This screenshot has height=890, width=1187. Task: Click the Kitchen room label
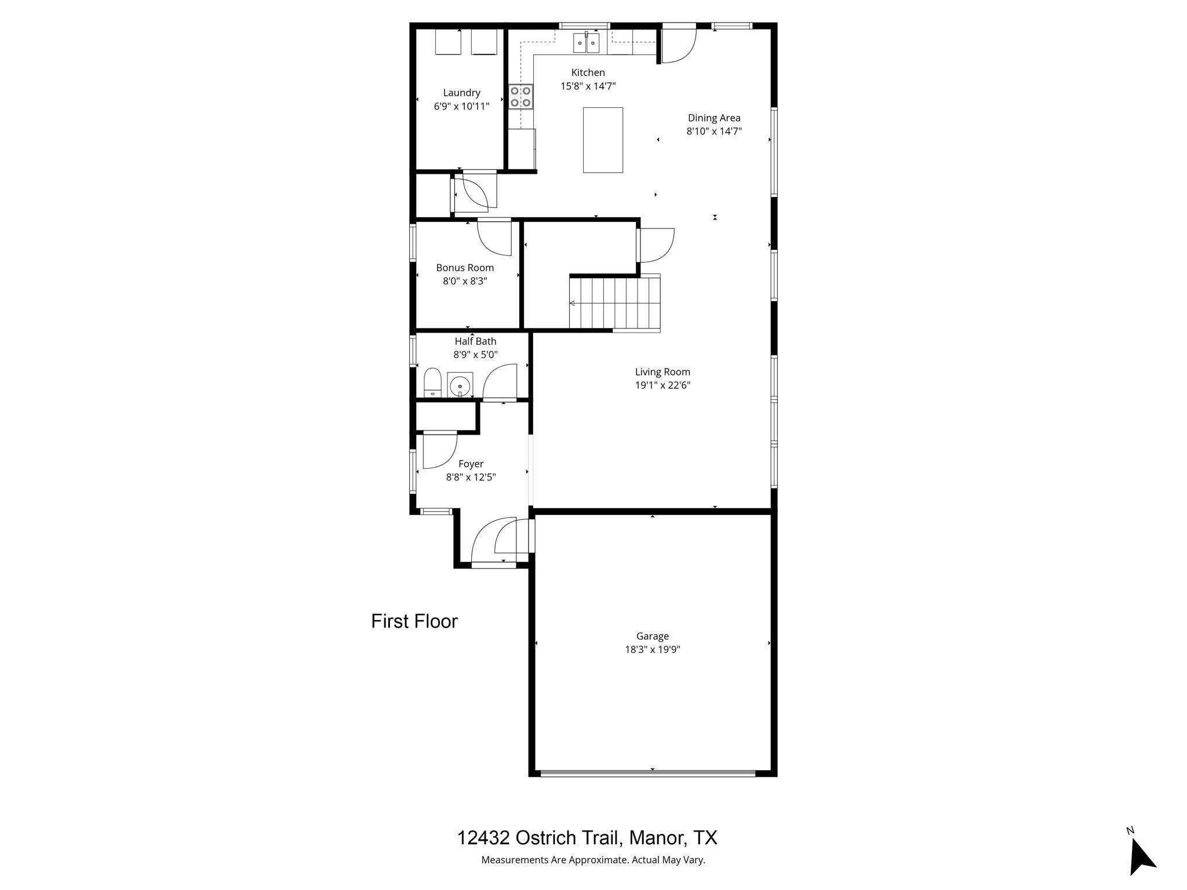click(x=588, y=72)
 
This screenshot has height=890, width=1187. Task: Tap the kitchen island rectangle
click(x=603, y=140)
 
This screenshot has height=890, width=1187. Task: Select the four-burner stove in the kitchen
click(x=520, y=97)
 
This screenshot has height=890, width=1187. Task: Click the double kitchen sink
click(x=586, y=43)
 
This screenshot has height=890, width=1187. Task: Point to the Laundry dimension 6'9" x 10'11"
click(x=461, y=107)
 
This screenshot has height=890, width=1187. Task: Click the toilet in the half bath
click(x=432, y=383)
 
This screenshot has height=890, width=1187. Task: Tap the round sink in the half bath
click(x=460, y=384)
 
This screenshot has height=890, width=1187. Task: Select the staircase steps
click(x=614, y=303)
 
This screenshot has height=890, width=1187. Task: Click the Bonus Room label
click(x=465, y=268)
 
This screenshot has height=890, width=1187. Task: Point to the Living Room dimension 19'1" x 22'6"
click(x=662, y=385)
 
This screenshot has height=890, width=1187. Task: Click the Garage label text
click(x=652, y=636)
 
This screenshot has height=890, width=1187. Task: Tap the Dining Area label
click(x=714, y=118)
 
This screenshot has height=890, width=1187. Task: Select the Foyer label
click(x=471, y=464)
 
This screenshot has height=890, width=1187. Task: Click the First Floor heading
click(x=414, y=621)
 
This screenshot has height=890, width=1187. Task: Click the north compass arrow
click(x=1141, y=858)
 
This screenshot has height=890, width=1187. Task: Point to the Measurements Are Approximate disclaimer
click(x=593, y=860)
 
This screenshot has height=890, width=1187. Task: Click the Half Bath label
click(x=475, y=341)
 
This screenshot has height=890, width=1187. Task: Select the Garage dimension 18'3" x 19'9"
click(x=652, y=650)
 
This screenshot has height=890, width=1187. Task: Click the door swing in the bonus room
click(x=494, y=238)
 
